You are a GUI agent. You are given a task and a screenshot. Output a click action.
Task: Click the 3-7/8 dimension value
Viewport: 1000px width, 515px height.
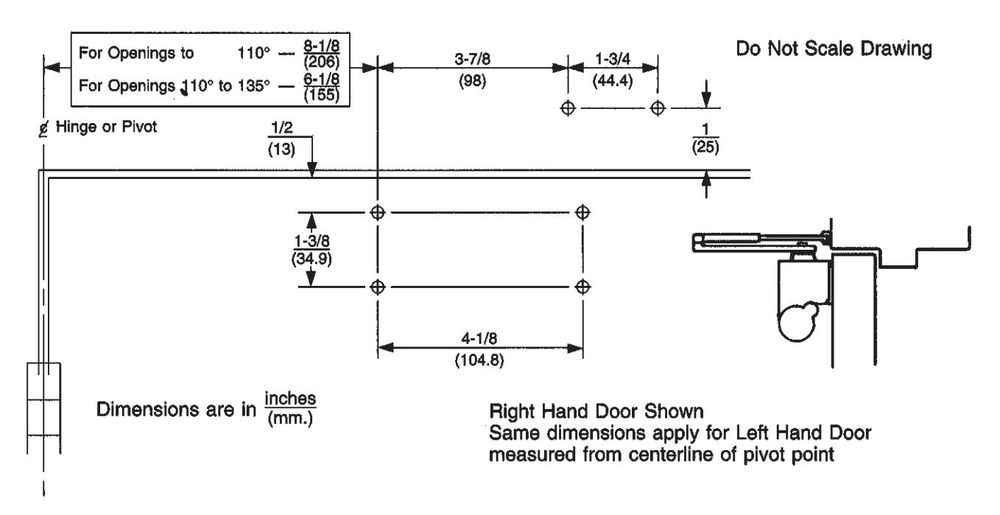[x=472, y=59]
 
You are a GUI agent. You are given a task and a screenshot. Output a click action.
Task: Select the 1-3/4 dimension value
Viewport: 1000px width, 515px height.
[x=613, y=58]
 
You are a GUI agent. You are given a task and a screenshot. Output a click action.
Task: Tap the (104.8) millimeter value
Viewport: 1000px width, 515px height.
[x=479, y=360]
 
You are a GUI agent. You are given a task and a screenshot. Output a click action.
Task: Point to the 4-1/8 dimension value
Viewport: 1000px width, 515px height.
[x=479, y=339]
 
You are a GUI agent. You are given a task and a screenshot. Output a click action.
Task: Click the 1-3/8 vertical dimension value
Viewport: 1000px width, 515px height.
[x=311, y=241]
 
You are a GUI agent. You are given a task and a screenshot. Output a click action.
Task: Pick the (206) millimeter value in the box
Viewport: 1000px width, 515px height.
[x=321, y=62]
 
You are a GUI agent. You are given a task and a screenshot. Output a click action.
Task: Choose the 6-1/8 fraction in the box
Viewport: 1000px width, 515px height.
[x=321, y=79]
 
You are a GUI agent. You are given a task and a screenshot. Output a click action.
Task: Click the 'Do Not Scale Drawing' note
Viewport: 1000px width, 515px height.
[x=834, y=49]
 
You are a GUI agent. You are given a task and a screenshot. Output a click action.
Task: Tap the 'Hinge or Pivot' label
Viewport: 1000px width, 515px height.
[x=106, y=127]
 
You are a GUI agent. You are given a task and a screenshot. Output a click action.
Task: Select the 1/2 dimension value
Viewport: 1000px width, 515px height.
[x=282, y=127]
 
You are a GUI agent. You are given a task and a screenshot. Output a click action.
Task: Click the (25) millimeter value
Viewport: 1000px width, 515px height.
[x=705, y=147]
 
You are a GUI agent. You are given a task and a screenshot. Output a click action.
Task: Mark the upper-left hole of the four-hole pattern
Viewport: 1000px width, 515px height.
[x=378, y=213]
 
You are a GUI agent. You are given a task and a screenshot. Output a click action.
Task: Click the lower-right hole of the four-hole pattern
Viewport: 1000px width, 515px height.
[x=582, y=287]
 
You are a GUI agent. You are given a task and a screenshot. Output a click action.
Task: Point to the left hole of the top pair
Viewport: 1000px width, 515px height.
[x=568, y=108]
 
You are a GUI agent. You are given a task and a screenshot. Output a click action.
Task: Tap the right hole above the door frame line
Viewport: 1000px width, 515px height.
[x=658, y=108]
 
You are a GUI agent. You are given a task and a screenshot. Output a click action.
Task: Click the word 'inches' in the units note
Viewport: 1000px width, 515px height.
[x=290, y=399]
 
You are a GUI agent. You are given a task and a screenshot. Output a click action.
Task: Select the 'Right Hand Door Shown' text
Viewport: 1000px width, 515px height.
[x=596, y=411]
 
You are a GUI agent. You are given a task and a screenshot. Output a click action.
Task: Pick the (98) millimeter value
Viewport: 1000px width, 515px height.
[x=472, y=81]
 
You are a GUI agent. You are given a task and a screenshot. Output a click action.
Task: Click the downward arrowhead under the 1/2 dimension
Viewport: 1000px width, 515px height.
[x=311, y=169]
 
